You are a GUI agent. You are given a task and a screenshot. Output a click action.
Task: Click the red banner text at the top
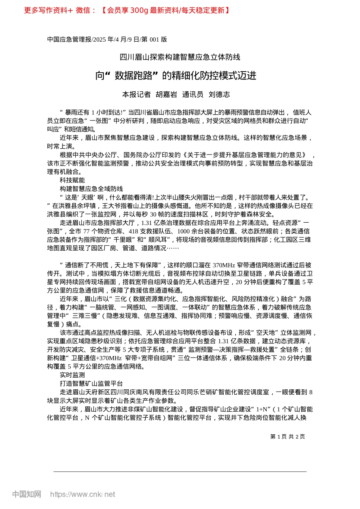click(127, 10)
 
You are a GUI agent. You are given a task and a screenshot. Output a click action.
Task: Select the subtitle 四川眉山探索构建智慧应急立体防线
click(180, 57)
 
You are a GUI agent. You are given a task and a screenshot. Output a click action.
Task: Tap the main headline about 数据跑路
click(176, 76)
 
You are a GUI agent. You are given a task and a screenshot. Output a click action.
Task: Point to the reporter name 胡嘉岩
click(166, 95)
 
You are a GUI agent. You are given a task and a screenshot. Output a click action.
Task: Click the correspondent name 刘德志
click(219, 95)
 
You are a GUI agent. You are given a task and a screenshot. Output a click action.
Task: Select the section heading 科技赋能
click(72, 180)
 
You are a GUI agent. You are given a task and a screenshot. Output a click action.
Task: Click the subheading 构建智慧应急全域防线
click(91, 189)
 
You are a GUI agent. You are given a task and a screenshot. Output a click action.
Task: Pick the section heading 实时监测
click(72, 375)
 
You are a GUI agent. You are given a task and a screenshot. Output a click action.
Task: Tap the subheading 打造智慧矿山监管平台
click(91, 384)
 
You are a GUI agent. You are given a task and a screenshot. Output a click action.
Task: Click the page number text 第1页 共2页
click(288, 436)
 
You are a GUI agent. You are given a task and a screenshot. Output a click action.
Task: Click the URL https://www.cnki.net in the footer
click(83, 494)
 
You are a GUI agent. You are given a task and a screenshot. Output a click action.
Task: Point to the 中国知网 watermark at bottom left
click(27, 494)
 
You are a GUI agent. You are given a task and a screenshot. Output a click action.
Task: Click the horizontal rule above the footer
click(180, 472)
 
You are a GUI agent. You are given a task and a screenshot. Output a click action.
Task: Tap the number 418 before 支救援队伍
click(133, 231)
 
